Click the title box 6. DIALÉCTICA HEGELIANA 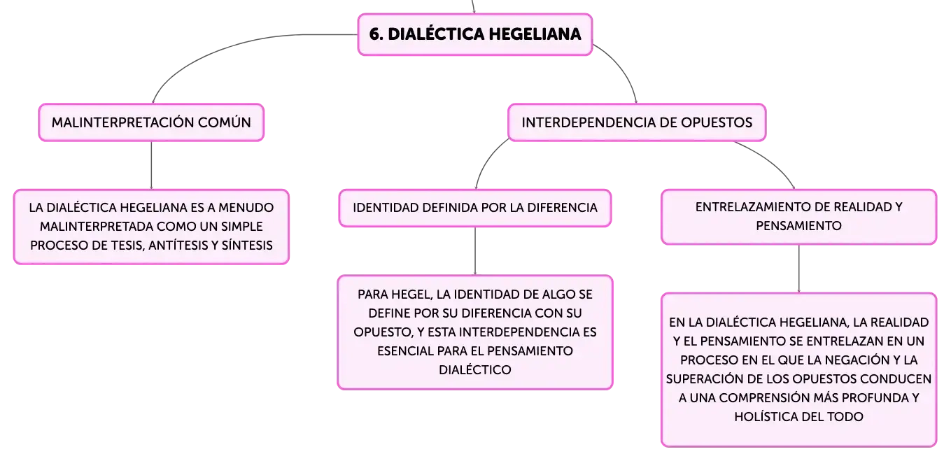tap(475, 34)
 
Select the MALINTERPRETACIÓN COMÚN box tap(152, 122)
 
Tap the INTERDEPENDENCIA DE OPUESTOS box tap(637, 122)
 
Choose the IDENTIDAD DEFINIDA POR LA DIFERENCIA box tap(475, 208)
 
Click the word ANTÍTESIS tap(178, 246)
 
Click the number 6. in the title tap(376, 34)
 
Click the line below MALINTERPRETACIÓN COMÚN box tap(152, 165)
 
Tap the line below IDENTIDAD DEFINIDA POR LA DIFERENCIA tap(475, 251)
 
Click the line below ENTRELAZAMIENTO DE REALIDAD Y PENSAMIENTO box tap(799, 269)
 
